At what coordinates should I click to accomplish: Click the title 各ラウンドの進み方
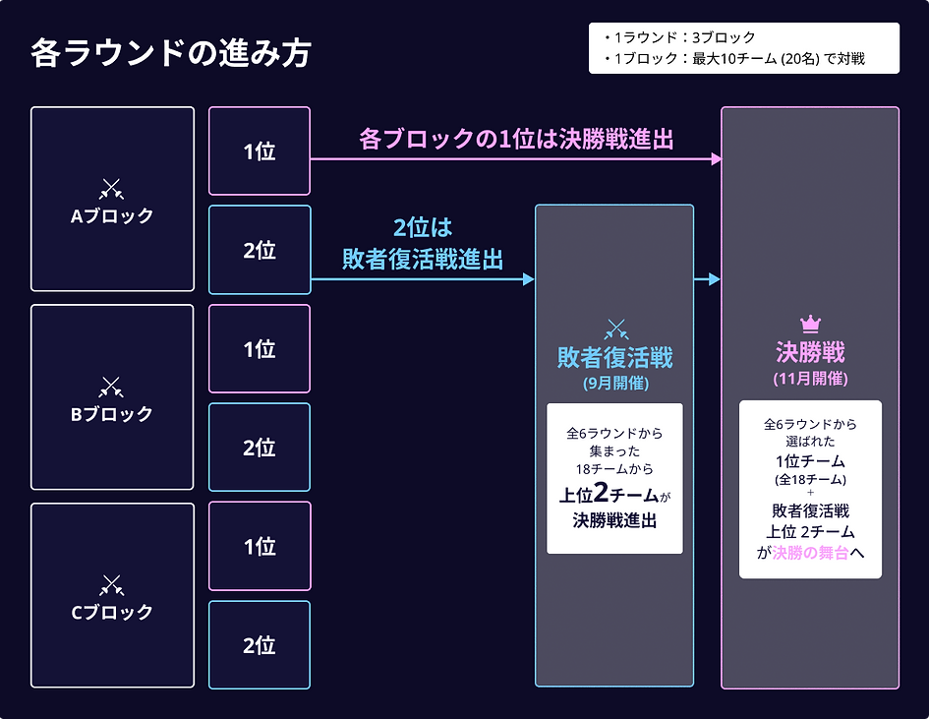[170, 53]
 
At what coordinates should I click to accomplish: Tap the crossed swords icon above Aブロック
[112, 188]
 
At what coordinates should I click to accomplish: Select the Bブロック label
[112, 414]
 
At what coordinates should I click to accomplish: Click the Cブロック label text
[112, 612]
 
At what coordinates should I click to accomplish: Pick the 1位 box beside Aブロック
[260, 151]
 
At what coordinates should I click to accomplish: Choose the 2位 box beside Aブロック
[260, 250]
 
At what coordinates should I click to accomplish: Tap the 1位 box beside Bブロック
[260, 349]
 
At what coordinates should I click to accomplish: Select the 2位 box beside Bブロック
[260, 448]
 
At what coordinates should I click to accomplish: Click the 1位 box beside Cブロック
[260, 547]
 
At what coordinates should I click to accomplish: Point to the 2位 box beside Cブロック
[260, 645]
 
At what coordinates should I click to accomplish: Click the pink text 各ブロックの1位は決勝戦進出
[516, 139]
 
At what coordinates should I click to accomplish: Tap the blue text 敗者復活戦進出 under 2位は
[423, 259]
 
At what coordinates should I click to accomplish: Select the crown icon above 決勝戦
[810, 323]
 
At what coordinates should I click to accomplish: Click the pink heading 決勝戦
[810, 352]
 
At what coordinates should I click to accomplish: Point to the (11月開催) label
[810, 379]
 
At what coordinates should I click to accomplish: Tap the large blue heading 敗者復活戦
[614, 358]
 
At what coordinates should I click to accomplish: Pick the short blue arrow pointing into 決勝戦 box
[707, 279]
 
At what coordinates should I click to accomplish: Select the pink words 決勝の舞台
[810, 553]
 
